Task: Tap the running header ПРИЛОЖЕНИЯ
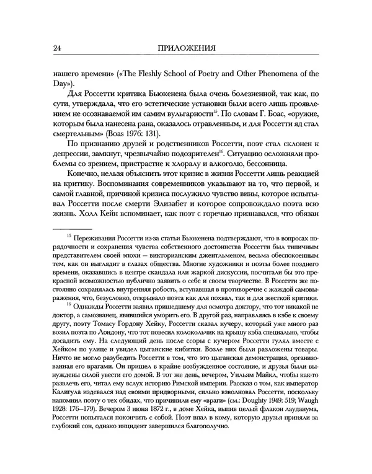(185, 49)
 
